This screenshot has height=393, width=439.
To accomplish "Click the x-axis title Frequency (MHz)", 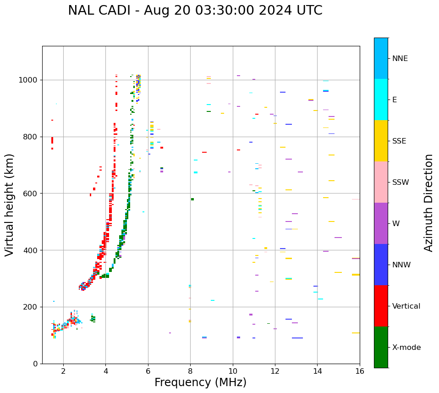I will point(200,382).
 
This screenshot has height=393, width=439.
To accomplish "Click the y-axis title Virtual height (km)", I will point(10,205).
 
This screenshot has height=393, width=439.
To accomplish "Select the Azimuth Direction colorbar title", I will point(428,203).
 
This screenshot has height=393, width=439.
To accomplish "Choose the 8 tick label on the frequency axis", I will point(190,371).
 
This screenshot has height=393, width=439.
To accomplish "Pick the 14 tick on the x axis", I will point(317,371).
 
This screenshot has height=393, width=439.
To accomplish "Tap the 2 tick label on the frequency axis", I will point(63,371).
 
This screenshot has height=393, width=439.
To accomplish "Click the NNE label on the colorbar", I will point(400,59).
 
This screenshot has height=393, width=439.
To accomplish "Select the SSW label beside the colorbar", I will point(401,183).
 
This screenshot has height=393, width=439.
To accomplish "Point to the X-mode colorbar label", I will point(406,348).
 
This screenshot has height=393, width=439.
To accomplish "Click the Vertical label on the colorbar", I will point(406,306).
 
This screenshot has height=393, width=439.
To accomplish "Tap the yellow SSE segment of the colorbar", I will point(381,141).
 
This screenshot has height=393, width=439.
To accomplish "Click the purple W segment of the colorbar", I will point(381,223).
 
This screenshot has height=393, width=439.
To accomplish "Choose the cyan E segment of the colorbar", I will point(381,100).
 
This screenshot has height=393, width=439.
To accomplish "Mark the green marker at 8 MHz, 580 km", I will point(192,199).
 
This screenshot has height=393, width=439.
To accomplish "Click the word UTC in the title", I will point(310,11).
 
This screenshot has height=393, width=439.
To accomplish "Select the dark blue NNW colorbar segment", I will point(381,265).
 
